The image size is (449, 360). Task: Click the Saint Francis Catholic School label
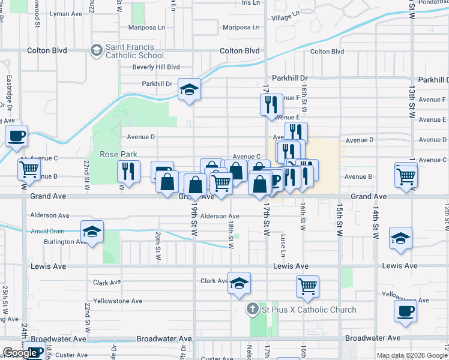pos(130,51)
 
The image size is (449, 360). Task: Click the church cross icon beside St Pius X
pos(253,310)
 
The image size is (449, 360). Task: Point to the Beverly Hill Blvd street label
pos(156,67)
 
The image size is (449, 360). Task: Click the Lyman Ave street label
pos(66,13)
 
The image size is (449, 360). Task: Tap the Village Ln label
pos(285,18)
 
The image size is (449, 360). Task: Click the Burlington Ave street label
pos(65,242)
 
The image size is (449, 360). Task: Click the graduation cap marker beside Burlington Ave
pos(92,232)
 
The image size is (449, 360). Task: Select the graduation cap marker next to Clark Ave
pos(239,283)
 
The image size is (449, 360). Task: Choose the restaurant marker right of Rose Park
pos(128,171)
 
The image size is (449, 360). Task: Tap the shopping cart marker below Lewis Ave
pos(307,286)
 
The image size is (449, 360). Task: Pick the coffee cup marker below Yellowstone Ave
pos(406,311)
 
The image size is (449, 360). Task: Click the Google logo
pos(20,353)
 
